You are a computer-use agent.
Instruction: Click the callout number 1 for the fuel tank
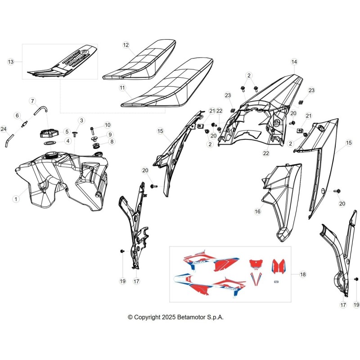click(16, 199)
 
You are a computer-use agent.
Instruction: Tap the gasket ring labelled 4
click(50, 143)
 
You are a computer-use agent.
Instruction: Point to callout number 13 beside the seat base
click(11, 62)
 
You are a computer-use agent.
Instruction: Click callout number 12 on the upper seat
click(126, 45)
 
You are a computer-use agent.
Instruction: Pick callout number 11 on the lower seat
click(122, 88)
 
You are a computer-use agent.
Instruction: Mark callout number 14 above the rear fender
click(294, 62)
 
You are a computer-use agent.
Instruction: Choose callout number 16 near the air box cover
click(257, 211)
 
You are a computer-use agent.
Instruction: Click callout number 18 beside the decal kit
click(303, 274)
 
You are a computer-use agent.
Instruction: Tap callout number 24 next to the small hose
click(4, 129)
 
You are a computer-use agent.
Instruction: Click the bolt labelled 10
click(92, 131)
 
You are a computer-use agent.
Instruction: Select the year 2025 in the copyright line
click(169, 317)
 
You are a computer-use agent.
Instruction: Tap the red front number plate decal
click(256, 264)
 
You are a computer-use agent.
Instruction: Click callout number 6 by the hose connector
click(17, 116)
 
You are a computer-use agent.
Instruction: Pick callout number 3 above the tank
click(81, 121)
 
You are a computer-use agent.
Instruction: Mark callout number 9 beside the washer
click(110, 135)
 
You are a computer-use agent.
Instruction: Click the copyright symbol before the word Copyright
click(130, 317)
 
